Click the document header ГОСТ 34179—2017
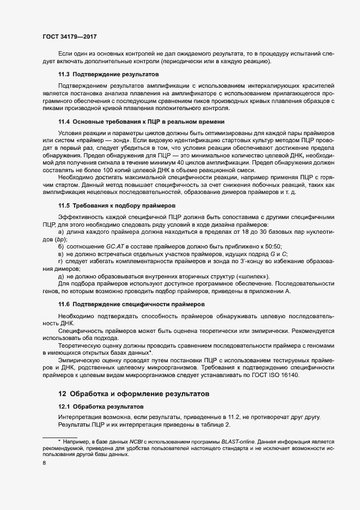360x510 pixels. tap(70, 37)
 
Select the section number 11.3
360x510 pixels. tap(64, 73)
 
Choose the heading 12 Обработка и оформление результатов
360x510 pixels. tap(133, 393)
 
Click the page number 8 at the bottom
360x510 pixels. tap(44, 463)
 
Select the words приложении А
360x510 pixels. tap(267, 292)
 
